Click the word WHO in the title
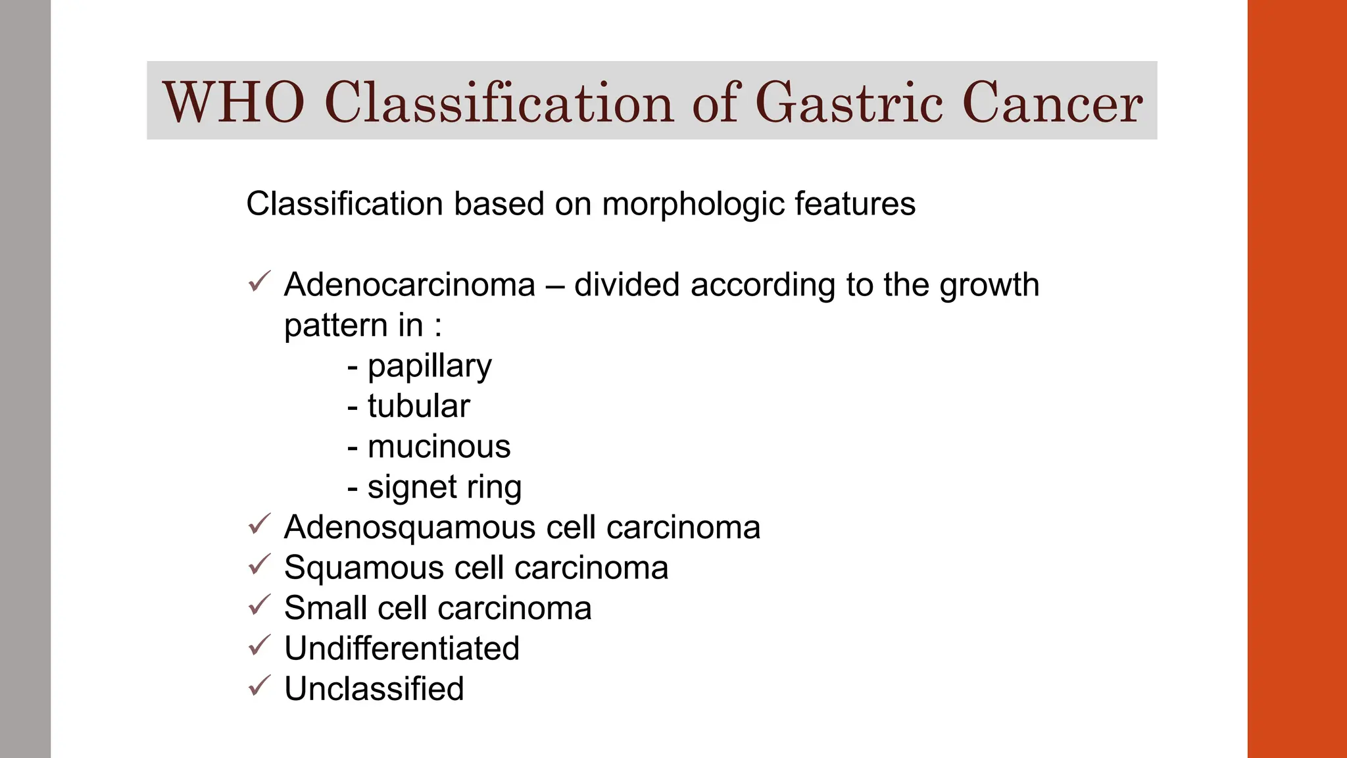[233, 103]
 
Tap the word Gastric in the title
[849, 103]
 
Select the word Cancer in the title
[1052, 103]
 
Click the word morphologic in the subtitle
[693, 204]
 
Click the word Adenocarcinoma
[410, 285]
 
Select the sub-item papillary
[429, 366]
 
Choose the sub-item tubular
[418, 406]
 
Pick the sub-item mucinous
[439, 447]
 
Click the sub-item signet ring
[444, 488]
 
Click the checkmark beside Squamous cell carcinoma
[260, 565]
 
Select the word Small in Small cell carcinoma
[325, 608]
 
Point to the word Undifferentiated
[402, 649]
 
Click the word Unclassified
[374, 689]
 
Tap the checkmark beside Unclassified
[260, 686]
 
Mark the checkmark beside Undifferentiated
[260, 645]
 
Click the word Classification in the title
[499, 103]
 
